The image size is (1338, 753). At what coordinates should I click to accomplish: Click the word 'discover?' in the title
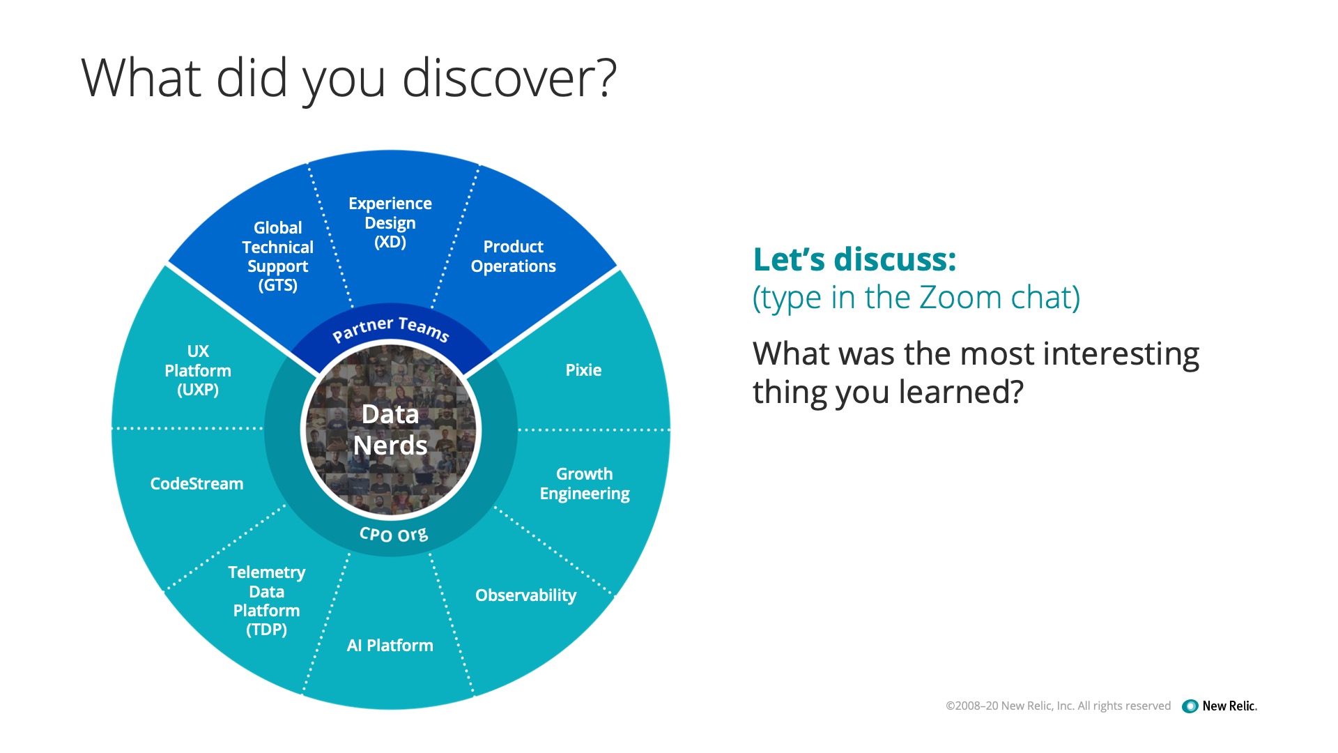[x=509, y=78]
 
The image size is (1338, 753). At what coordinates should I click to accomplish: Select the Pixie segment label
[x=583, y=370]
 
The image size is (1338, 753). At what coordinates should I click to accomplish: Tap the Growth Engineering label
[x=585, y=484]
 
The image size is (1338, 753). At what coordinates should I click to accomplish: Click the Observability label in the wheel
[x=526, y=595]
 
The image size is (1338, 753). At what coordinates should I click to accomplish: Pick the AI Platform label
[x=390, y=646]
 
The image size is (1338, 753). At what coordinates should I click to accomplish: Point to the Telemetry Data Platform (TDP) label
[x=267, y=601]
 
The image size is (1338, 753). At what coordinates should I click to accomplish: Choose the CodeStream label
[x=197, y=484]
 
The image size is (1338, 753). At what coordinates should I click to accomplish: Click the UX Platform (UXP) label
[x=198, y=370]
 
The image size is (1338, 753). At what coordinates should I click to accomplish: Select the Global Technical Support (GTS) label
[x=278, y=257]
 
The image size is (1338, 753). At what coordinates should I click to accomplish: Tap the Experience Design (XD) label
[x=390, y=223]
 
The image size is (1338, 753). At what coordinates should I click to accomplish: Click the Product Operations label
[x=514, y=257]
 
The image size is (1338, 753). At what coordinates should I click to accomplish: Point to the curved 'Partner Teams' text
[x=391, y=328]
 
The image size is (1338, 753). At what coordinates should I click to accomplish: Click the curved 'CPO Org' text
[x=394, y=535]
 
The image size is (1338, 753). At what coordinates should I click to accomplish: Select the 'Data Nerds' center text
[x=390, y=429]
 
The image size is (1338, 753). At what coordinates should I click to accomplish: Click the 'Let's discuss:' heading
[x=855, y=259]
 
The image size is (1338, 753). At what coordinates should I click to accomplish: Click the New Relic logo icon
[x=1190, y=706]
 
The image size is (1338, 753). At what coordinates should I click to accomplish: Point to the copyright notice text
[x=1058, y=706]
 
